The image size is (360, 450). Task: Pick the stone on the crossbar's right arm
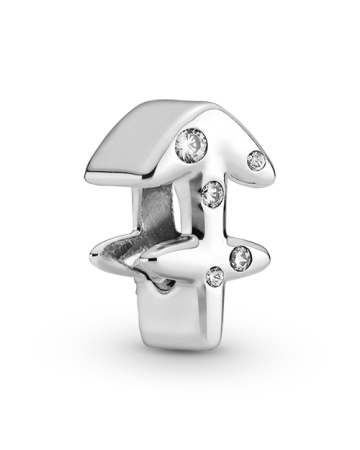(x=241, y=259)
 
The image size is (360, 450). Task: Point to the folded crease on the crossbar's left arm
(x=130, y=263)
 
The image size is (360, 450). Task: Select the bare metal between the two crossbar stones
(x=226, y=267)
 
